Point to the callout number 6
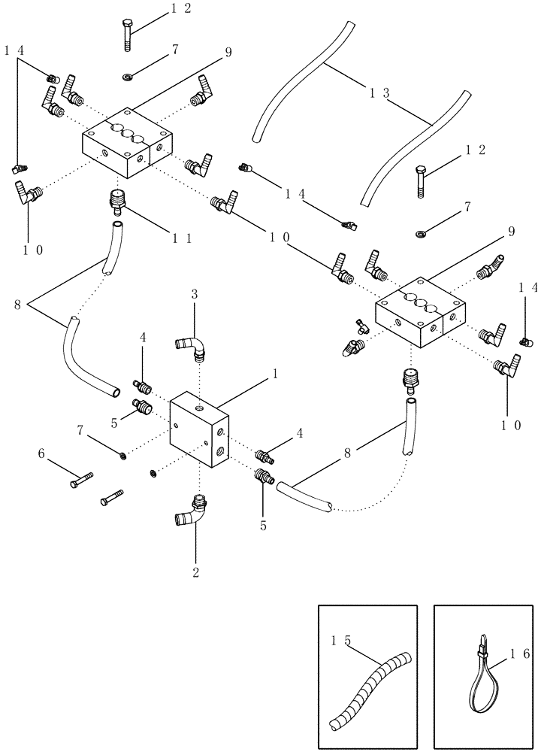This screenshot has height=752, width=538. click(43, 453)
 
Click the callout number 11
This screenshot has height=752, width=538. click(181, 238)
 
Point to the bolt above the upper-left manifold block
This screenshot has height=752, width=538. click(125, 35)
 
